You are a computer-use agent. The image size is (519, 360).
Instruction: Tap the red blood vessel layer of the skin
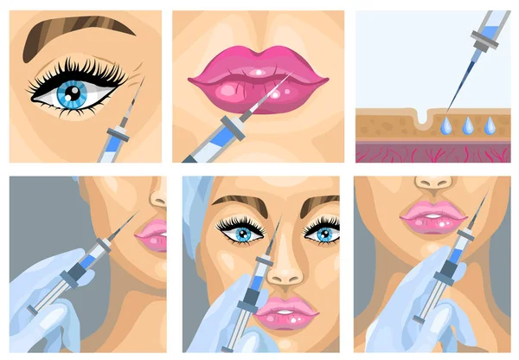pos(432,152)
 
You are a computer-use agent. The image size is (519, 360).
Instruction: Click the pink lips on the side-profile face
pos(152,233)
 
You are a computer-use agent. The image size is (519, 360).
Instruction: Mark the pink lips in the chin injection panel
pos(432,214)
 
